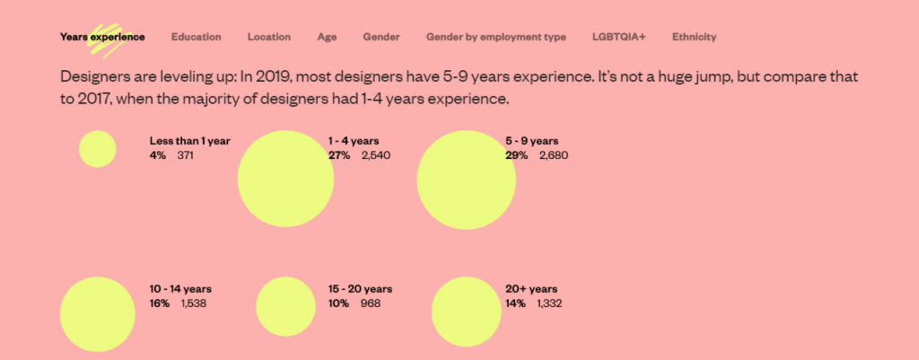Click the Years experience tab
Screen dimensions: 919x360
102,37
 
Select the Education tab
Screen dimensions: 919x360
197,37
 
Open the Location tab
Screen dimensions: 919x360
269,37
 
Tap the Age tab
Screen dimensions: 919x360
327,38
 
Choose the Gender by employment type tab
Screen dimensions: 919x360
495,37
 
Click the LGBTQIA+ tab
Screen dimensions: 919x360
619,37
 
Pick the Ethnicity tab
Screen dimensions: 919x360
694,37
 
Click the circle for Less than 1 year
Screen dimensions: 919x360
97,149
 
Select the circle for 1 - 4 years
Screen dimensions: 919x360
285,179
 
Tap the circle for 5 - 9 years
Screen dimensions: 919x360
467,180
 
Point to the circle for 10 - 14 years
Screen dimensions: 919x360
97,314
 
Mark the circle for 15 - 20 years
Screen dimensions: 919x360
285,307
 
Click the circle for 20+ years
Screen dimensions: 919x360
467,312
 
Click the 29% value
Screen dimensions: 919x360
516,155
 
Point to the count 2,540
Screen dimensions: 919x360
376,155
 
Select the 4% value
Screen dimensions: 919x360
158,155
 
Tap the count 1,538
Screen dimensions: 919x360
194,303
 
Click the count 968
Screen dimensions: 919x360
371,303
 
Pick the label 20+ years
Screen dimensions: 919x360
531,289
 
